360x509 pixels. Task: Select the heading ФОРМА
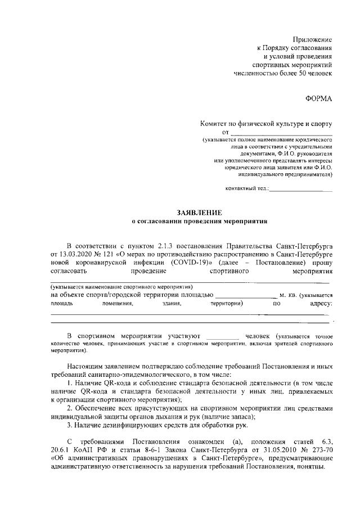point(318,98)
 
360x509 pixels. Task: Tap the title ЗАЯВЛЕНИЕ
point(199,212)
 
